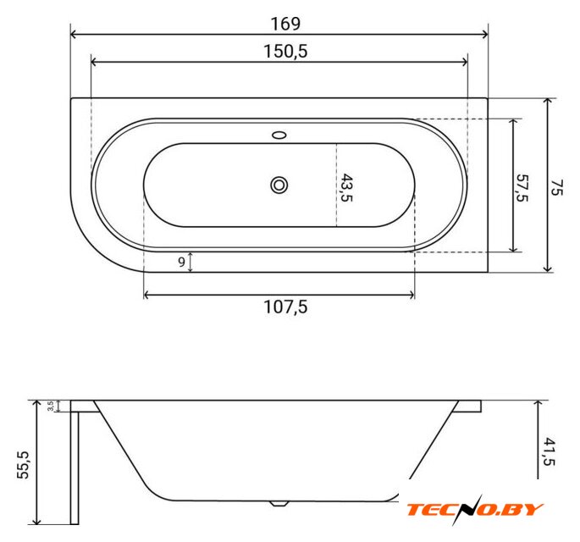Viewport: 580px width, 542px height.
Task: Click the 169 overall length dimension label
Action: tap(285, 24)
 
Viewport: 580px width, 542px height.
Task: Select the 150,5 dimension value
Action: tap(285, 51)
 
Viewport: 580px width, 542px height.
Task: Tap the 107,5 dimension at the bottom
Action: tap(285, 307)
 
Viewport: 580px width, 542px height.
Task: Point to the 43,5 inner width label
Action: tap(345, 187)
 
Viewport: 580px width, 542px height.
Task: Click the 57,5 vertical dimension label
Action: tap(522, 188)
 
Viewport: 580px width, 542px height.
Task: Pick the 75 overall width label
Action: tap(556, 187)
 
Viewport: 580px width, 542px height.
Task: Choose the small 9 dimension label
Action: tap(181, 262)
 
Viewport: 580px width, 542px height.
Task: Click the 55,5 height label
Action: tap(23, 465)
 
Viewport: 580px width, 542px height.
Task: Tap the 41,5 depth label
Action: tap(550, 451)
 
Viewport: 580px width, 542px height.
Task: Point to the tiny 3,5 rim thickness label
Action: tap(51, 406)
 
